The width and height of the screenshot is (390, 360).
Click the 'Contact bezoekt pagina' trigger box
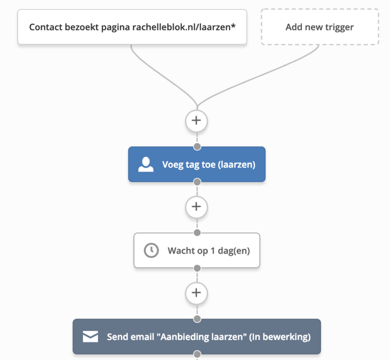tap(132, 27)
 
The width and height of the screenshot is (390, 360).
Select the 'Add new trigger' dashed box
tap(320, 27)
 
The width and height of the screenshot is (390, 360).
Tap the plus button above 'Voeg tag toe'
tap(196, 121)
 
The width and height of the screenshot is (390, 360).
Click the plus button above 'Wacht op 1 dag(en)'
tap(196, 207)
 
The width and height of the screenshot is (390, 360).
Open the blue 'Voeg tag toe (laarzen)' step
tap(197, 164)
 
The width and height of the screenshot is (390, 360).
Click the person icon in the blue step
tap(146, 165)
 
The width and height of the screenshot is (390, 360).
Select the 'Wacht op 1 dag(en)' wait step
tap(197, 251)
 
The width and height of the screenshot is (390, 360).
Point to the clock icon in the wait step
tap(151, 251)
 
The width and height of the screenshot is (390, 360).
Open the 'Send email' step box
tap(197, 337)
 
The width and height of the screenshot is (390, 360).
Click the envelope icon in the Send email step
tap(91, 337)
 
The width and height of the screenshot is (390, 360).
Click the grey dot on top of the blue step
tap(197, 147)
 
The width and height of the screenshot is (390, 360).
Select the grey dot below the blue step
tap(197, 182)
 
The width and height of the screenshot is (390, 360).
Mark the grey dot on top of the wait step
tap(197, 233)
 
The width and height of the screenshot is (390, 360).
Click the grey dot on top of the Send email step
tap(197, 319)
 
